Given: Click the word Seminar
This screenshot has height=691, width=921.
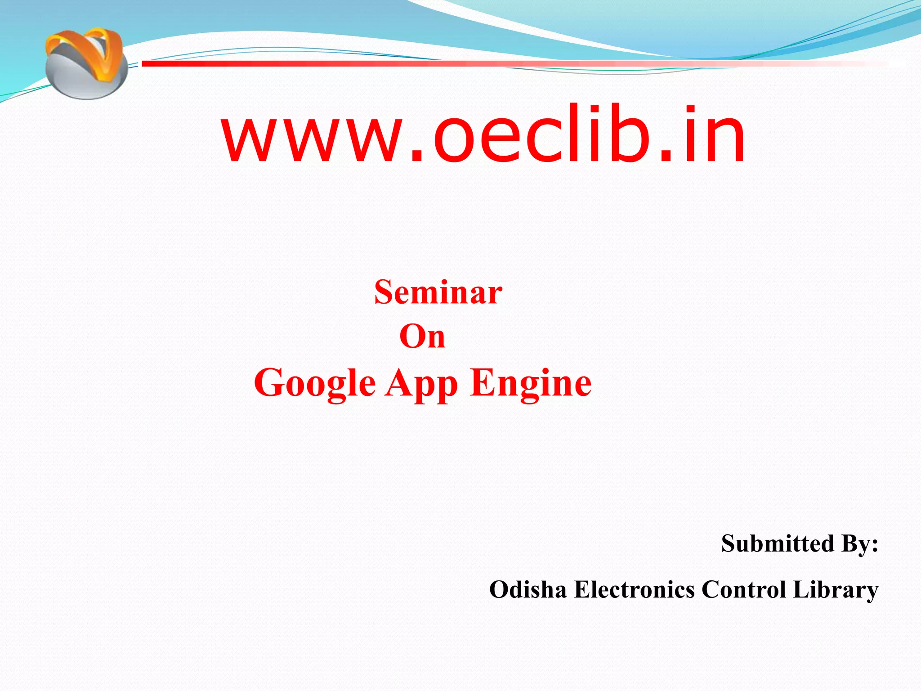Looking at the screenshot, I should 438,292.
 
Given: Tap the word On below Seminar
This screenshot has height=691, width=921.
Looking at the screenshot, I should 422,337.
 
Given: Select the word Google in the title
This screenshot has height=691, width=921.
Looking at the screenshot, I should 315,383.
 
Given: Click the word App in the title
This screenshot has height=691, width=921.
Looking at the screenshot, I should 421,383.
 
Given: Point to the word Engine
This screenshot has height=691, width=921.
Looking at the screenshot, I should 531,383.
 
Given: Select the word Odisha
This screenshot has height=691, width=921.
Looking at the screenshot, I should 528,589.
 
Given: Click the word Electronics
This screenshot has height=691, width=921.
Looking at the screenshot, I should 634,589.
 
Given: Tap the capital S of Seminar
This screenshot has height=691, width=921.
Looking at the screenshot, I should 384,292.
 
